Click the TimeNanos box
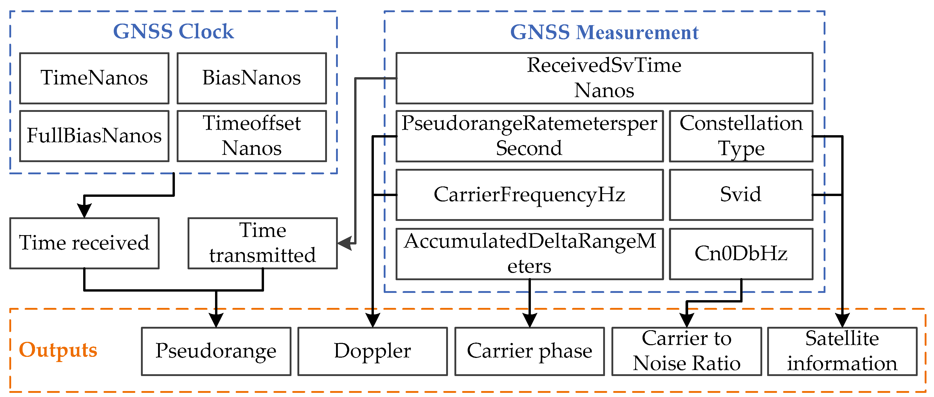tap(94, 78)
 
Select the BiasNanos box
tap(252, 78)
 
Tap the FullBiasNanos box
tap(94, 136)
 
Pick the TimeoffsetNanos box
tap(252, 136)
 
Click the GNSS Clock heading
tap(173, 32)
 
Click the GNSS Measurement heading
tap(604, 32)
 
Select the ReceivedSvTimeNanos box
tap(604, 78)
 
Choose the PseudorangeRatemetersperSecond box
tap(529, 136)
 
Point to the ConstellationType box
tap(741, 136)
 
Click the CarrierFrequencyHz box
tap(529, 195)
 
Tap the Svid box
tap(741, 195)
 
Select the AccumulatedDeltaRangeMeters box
tap(529, 254)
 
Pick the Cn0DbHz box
tap(741, 254)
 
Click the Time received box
tap(84, 243)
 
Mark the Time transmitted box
tap(262, 243)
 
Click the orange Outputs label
tap(58, 350)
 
